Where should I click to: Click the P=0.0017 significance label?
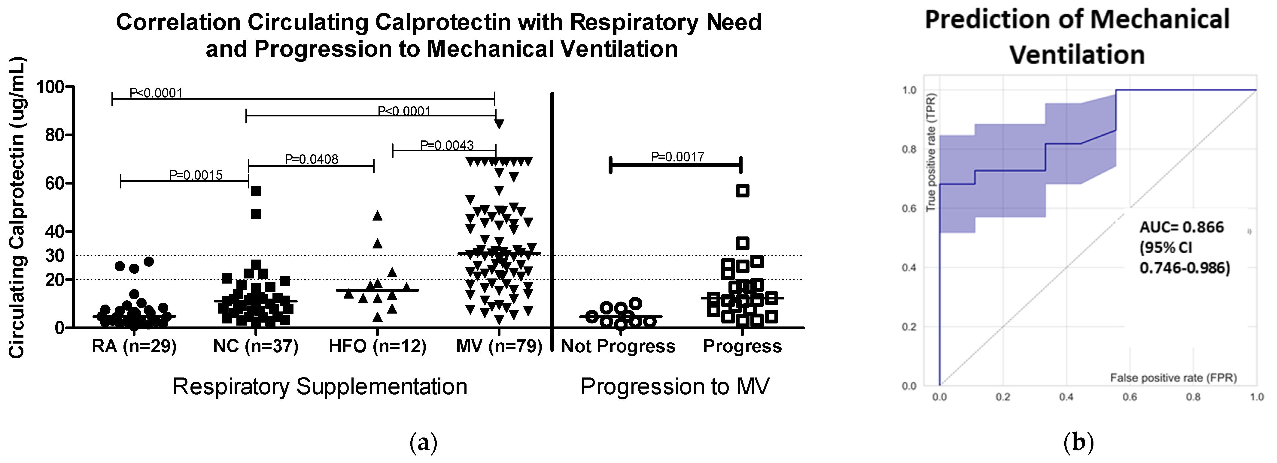coord(677,157)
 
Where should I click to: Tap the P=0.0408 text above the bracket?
coord(311,159)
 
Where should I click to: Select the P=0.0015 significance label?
coord(196,175)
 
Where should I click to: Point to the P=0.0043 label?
coord(447,145)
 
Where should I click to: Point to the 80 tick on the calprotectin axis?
coord(55,135)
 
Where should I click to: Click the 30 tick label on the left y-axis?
coord(55,256)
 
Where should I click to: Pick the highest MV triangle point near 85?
coord(499,124)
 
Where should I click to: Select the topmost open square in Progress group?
coord(742,191)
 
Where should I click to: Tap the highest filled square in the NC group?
coord(256,191)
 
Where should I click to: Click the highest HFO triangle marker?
coord(378,215)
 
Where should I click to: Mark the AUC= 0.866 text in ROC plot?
coord(1181,227)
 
